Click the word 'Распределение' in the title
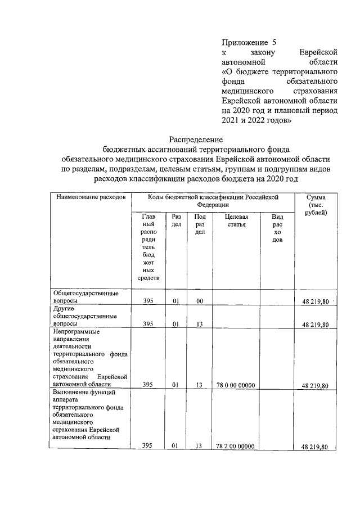196,139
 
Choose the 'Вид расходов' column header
277,228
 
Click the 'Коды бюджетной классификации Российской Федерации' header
213,201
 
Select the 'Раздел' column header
176,220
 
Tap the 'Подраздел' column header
199,224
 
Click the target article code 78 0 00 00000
235,385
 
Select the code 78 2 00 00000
235,446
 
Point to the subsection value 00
199,302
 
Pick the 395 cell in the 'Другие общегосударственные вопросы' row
148,325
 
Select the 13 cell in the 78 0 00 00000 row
199,385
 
